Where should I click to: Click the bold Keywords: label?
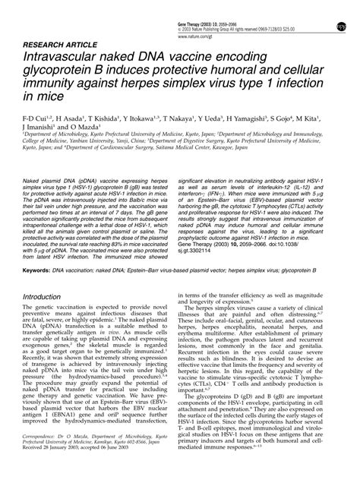point(37,248)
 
